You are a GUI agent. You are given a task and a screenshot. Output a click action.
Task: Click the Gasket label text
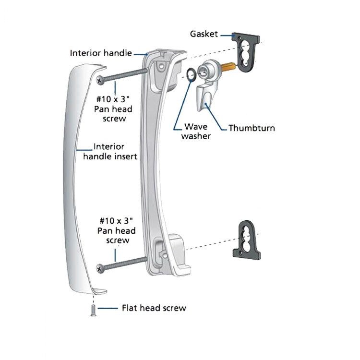pyautogui.click(x=204, y=34)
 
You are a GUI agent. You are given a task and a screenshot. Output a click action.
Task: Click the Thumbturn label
pyautogui.click(x=252, y=128)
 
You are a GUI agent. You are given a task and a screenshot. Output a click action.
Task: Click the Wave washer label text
pyautogui.click(x=196, y=132)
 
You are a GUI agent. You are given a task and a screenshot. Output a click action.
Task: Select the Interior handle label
pyautogui.click(x=101, y=53)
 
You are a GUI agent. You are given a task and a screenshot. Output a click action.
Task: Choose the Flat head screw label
pyautogui.click(x=154, y=308)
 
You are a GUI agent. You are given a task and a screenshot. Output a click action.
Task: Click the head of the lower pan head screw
pyautogui.click(x=100, y=268)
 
